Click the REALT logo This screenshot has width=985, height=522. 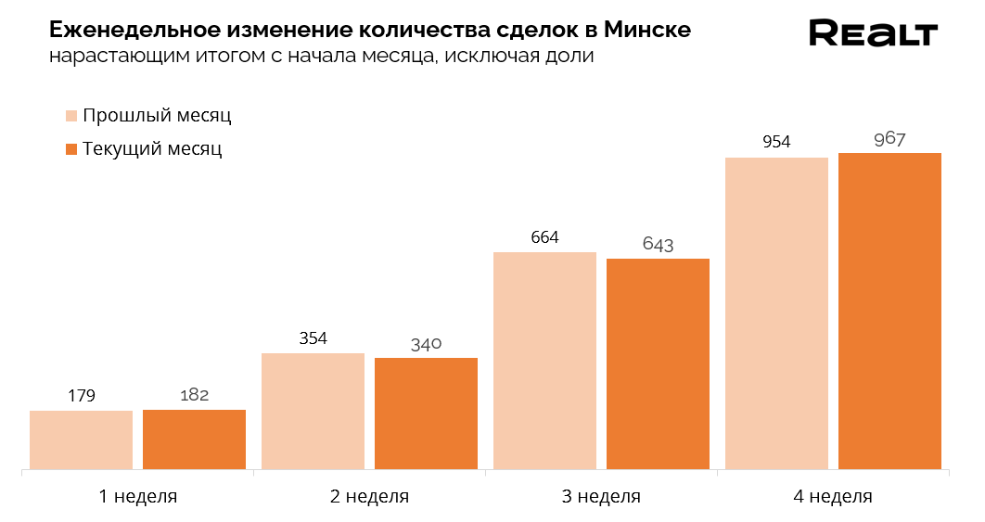[x=873, y=33]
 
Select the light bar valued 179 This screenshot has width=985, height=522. [x=82, y=439]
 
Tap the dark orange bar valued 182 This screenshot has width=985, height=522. [x=194, y=439]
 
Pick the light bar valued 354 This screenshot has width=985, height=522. [x=313, y=411]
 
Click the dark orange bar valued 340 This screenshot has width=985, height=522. [x=426, y=413]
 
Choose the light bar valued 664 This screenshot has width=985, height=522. [x=545, y=360]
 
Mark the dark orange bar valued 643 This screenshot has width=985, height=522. [x=658, y=363]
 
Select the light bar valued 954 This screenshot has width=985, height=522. [x=776, y=312]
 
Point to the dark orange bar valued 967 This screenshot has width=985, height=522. [x=889, y=311]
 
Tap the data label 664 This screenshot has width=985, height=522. [x=545, y=237]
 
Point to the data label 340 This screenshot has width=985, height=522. [x=426, y=344]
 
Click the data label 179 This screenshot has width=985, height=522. [x=82, y=396]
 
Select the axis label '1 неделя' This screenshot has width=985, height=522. [x=137, y=496]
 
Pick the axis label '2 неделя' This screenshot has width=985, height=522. [x=369, y=496]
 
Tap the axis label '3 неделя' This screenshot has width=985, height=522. [x=601, y=496]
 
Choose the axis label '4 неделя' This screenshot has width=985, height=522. [x=833, y=496]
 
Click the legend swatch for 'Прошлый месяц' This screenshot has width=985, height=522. [x=71, y=116]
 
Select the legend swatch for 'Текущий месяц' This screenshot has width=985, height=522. [x=71, y=149]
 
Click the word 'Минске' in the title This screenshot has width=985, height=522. [x=646, y=30]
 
